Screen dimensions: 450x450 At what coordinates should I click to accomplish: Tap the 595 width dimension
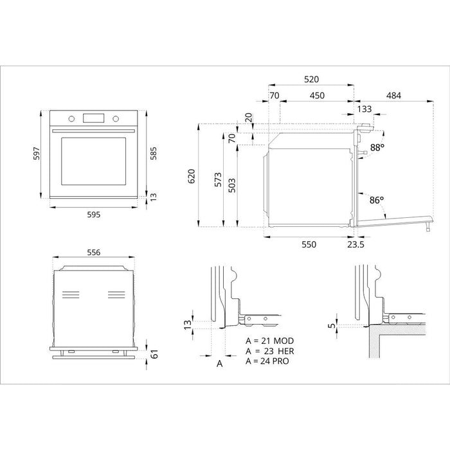[x=94, y=215]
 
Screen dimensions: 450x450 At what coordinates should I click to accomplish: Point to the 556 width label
[x=93, y=253]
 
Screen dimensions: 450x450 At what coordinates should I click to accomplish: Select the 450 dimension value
[x=317, y=95]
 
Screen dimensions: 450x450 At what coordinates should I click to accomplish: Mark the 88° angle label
[x=377, y=147]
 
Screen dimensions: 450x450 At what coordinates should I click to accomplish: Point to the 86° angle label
[x=377, y=200]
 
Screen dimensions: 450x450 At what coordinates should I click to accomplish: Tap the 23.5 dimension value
[x=355, y=245]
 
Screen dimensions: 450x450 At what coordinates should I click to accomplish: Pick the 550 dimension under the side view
[x=310, y=245]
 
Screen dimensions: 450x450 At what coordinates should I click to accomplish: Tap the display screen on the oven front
[x=94, y=118]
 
